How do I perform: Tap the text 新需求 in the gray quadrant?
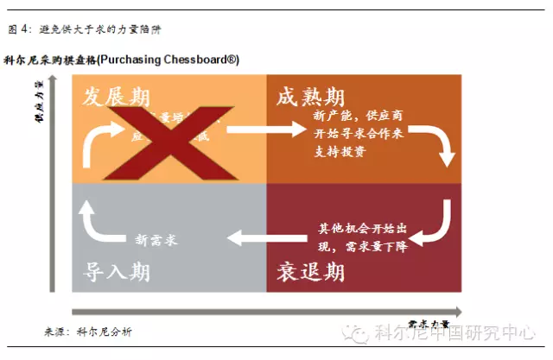coord(156,239)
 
